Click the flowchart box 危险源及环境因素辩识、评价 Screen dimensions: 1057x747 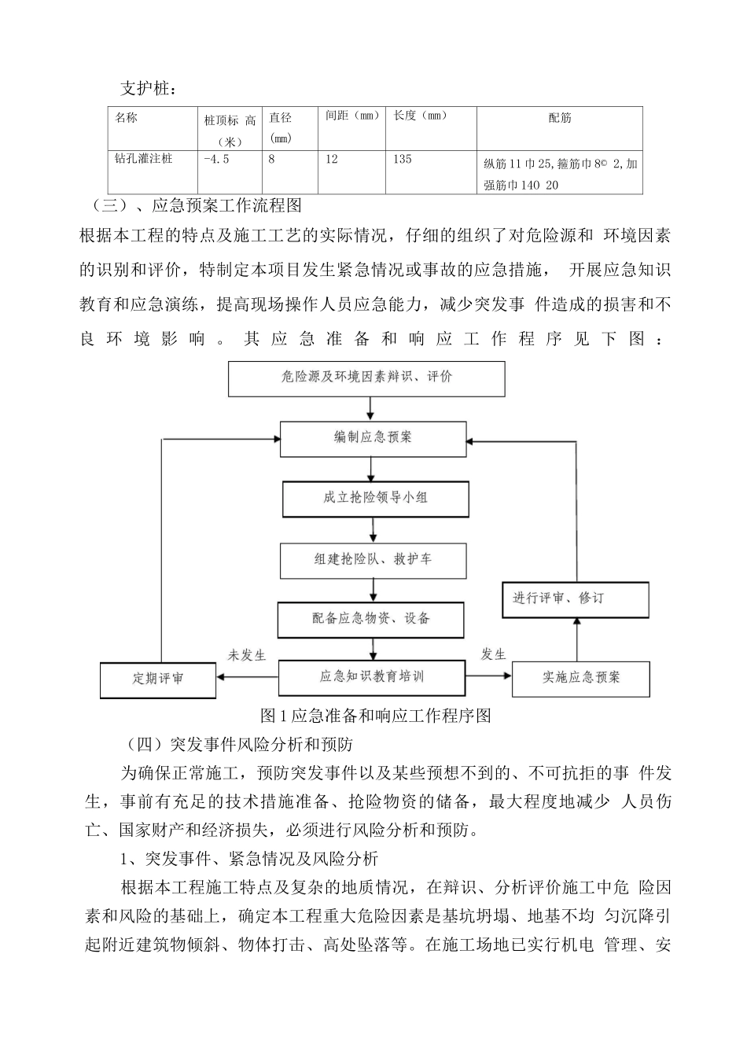[x=366, y=377]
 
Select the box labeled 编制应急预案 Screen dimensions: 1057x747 [x=373, y=438]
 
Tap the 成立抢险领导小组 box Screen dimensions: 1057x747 [x=376, y=499]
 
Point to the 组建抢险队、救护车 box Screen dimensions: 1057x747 [x=373, y=560]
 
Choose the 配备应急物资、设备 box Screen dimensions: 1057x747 [x=371, y=619]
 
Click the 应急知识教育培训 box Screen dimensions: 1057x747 [x=372, y=676]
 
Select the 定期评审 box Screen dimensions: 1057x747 [x=158, y=679]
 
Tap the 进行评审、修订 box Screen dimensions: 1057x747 [x=576, y=598]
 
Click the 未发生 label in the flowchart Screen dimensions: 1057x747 [x=248, y=655]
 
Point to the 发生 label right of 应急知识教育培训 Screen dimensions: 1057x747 [x=493, y=654]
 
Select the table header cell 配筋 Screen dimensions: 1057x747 [x=560, y=119]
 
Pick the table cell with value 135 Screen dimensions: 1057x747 [x=403, y=159]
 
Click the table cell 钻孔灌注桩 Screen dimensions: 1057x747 [x=143, y=159]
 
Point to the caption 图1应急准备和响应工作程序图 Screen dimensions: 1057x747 [x=376, y=716]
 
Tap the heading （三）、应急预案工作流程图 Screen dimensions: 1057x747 [x=197, y=207]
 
